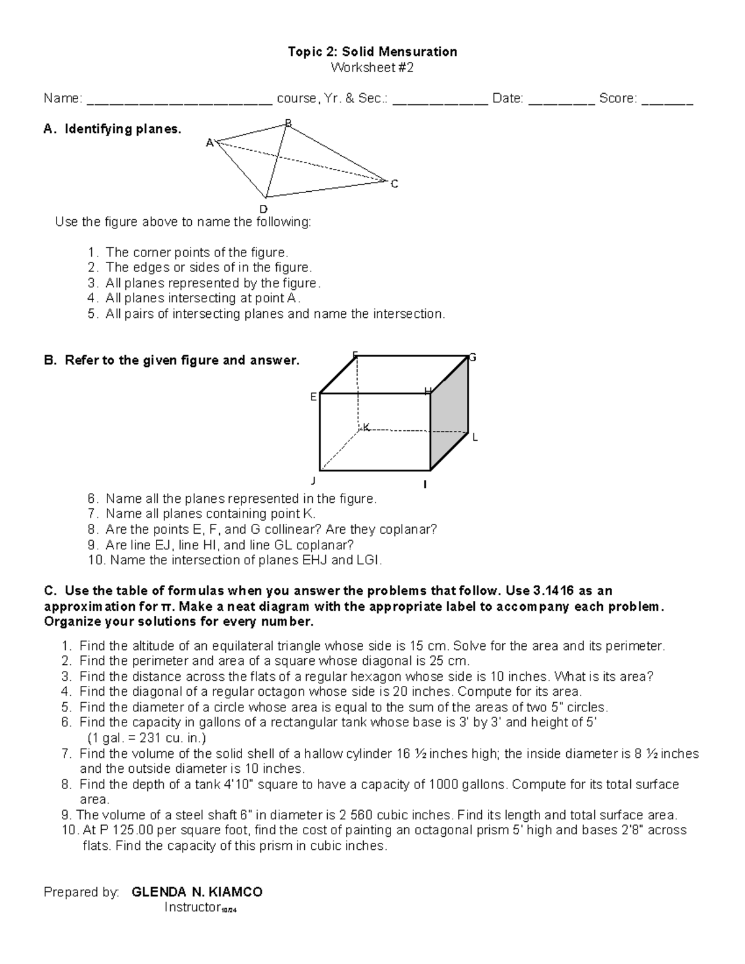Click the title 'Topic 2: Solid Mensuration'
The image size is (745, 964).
click(x=372, y=52)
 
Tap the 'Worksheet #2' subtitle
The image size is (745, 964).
click(x=372, y=68)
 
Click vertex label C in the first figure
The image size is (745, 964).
click(x=394, y=184)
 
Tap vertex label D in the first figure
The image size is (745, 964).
click(x=263, y=209)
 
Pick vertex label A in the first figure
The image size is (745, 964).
click(x=209, y=143)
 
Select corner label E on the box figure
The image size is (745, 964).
click(x=314, y=397)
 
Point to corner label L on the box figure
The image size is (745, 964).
click(x=475, y=438)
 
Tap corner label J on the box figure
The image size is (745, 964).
click(x=314, y=481)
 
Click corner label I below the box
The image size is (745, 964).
click(x=425, y=484)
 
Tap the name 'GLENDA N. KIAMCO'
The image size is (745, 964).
click(x=197, y=892)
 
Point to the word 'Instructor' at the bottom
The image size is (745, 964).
click(x=192, y=908)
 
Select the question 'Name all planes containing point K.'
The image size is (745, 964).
click(x=210, y=514)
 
